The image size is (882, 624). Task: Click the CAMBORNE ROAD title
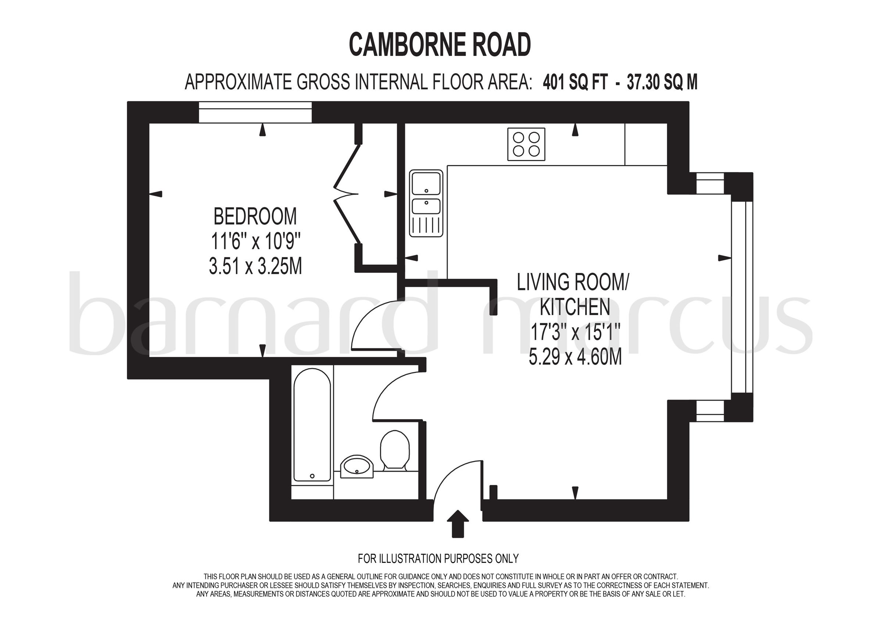point(440,45)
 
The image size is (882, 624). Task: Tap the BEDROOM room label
point(255,217)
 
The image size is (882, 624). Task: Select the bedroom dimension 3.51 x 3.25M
point(255,266)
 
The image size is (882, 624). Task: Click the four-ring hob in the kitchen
point(526,144)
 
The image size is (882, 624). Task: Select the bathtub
point(312,425)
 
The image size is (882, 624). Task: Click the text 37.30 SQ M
point(662,82)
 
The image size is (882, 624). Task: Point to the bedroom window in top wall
point(255,112)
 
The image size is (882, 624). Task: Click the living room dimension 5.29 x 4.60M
point(575,357)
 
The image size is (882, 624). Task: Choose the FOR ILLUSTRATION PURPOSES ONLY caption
point(438,558)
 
